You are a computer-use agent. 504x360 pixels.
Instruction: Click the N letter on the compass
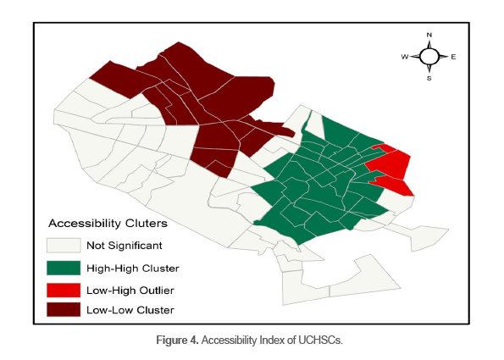click(x=429, y=36)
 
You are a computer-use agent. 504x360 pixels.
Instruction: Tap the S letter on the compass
click(x=429, y=79)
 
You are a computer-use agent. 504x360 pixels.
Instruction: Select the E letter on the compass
click(x=453, y=58)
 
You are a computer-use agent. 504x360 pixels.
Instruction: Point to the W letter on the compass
click(x=405, y=58)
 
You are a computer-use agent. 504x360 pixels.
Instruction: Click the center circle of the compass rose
click(x=429, y=57)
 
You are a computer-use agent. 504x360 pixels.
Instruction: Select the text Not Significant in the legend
click(x=124, y=246)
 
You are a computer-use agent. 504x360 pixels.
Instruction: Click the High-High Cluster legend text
click(x=132, y=268)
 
